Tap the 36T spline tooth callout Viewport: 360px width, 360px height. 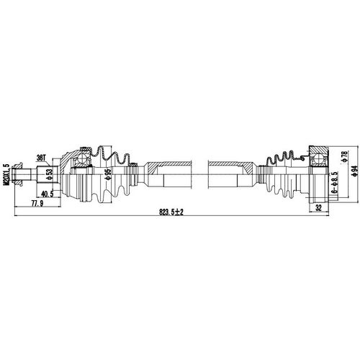[41, 157]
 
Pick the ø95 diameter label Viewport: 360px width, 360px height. [107, 174]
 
